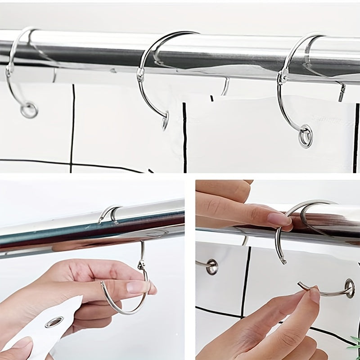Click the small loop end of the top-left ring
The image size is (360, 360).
pos(29,110)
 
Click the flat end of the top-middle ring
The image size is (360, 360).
pos(165,122)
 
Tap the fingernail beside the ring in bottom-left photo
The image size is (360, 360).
pos(137,287)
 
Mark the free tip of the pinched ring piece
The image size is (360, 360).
pos(299,284)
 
